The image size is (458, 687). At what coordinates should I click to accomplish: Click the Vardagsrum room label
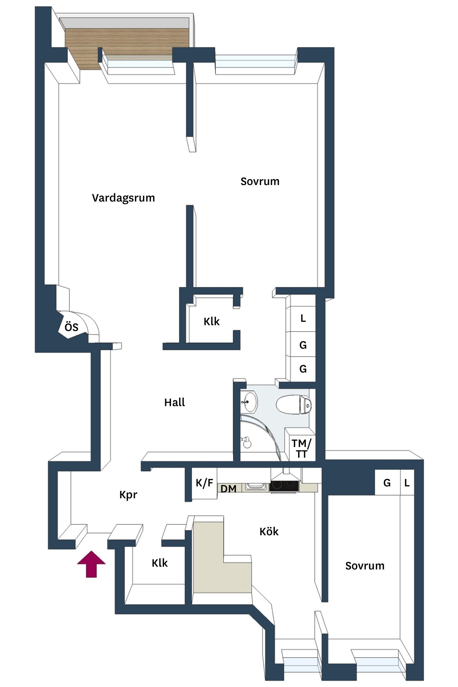click(123, 198)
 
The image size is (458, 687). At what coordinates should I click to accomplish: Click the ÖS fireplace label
click(71, 327)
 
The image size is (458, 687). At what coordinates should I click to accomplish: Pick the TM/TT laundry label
click(301, 449)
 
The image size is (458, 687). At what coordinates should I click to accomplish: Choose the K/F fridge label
click(204, 483)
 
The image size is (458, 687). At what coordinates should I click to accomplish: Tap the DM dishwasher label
click(228, 489)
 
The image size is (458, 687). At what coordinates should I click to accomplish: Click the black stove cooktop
click(284, 486)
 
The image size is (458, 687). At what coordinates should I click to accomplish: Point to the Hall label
click(175, 402)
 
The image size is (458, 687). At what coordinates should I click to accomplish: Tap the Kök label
click(269, 532)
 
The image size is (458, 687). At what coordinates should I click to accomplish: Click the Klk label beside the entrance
click(160, 563)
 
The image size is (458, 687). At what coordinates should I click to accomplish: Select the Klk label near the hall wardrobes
click(212, 321)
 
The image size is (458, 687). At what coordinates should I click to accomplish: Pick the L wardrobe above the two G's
click(303, 318)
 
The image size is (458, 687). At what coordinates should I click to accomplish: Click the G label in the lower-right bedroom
click(387, 483)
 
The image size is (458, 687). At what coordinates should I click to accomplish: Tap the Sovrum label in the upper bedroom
click(260, 181)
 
